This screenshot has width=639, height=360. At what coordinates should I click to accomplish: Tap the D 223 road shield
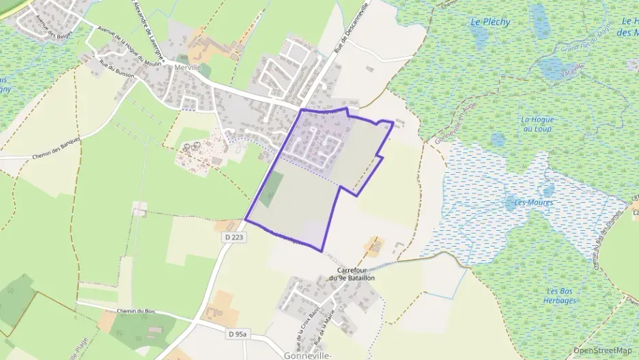[232, 236]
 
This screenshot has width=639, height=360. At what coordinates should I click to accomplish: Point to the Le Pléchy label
[490, 22]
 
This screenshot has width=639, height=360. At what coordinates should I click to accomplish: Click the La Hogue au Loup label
[537, 124]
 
